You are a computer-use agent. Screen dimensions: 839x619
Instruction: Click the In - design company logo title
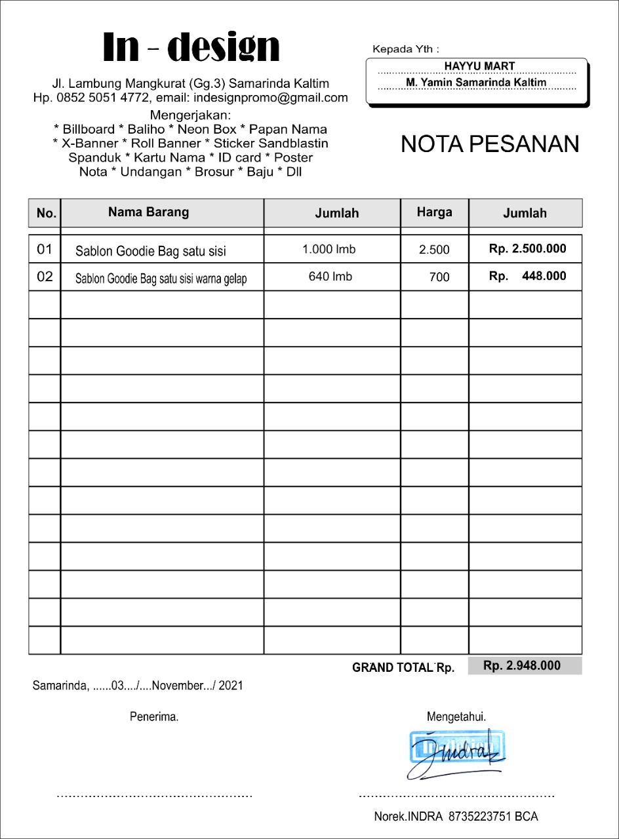point(191,48)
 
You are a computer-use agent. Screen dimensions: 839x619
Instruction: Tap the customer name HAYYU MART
point(479,66)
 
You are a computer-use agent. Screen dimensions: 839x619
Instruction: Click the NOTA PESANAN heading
point(490,144)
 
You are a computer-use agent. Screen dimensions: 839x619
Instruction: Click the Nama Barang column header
point(149,212)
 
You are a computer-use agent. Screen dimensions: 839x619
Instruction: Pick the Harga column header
point(434,212)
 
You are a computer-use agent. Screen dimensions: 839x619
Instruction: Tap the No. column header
point(47,213)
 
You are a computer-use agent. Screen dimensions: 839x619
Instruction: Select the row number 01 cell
point(45,249)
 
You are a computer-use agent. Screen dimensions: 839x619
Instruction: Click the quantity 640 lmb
point(330,277)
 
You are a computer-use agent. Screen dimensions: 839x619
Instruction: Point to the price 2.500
point(434,250)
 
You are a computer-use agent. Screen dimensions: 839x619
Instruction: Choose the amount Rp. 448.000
point(527,276)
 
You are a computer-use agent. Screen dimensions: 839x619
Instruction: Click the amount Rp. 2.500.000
point(527,249)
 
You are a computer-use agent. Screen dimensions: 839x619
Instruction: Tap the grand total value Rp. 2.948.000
point(522,666)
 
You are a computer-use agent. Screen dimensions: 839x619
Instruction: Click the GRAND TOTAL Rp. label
point(403,668)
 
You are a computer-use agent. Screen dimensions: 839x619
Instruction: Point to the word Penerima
point(154,717)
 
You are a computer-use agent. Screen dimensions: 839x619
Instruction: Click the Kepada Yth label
point(405,49)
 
